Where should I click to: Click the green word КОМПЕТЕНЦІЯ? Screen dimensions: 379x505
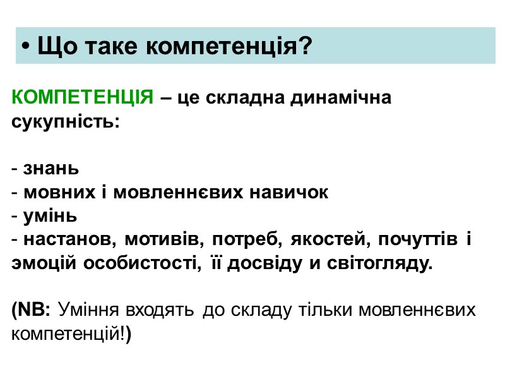coord(82,99)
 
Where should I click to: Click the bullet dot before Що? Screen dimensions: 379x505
coord(25,47)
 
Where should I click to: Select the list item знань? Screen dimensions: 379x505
coord(51,169)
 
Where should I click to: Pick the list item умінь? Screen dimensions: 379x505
coord(50,216)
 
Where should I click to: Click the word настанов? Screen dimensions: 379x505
coord(70,240)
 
